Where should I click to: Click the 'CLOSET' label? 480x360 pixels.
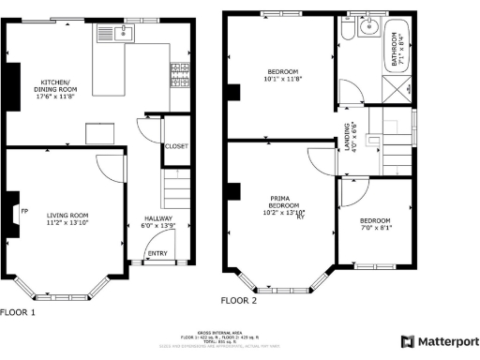coord(175,146)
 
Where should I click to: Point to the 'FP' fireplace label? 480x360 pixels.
coord(24,212)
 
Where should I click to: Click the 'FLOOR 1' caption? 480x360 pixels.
coord(17,312)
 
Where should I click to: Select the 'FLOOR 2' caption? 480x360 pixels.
coord(238,301)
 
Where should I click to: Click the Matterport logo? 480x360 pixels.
coord(440,341)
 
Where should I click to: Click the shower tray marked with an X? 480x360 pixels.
coord(398,89)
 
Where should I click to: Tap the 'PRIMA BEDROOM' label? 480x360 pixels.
coord(278,202)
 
